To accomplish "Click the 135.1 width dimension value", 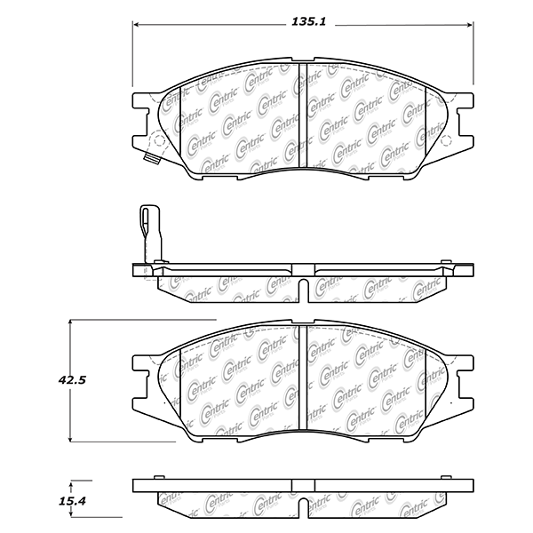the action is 308,21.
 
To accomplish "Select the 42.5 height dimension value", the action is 72,380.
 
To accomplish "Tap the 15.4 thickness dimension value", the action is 73,501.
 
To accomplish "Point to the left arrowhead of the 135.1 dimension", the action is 136,25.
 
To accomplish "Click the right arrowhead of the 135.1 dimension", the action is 470,25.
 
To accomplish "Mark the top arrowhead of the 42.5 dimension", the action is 70,323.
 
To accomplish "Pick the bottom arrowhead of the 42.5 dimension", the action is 70,439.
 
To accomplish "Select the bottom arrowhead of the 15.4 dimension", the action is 71,514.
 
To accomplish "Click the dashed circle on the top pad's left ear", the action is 158,140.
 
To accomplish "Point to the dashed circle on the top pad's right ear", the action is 447,139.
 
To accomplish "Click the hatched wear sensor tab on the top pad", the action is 152,159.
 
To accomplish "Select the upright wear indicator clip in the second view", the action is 150,234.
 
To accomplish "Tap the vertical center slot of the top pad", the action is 303,115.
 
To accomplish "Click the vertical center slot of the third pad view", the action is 303,377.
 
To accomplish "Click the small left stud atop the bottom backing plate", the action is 159,477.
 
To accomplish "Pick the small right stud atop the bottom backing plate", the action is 446,477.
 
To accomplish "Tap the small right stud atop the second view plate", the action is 446,262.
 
